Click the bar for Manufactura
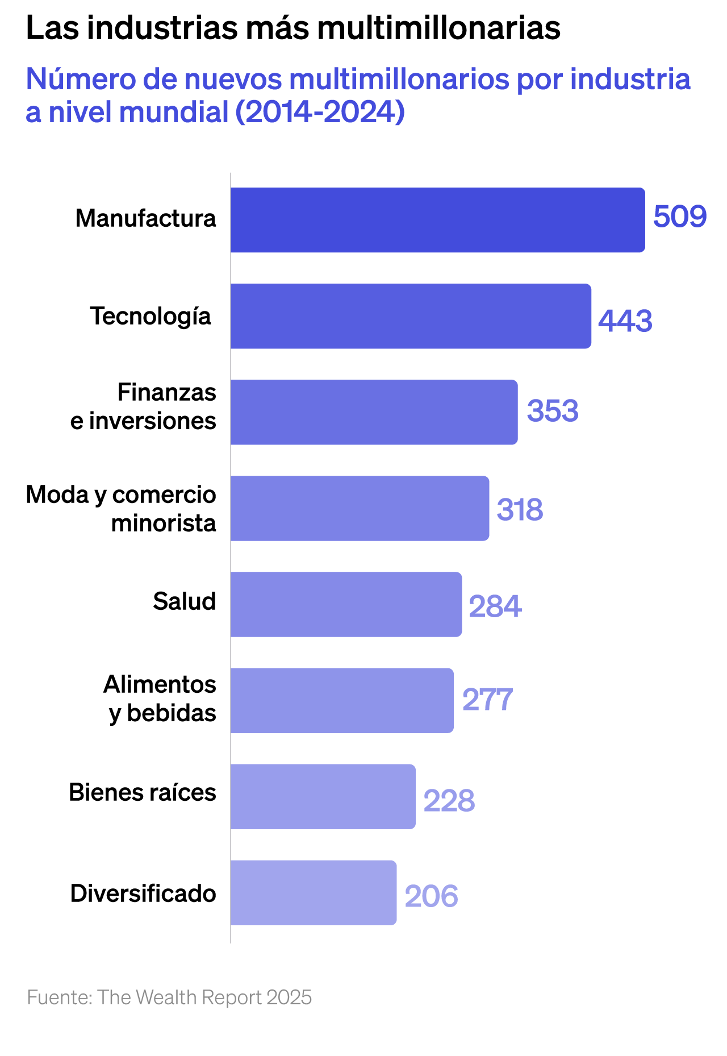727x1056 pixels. click(437, 220)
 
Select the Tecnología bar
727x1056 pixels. click(411, 316)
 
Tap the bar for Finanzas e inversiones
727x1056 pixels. click(374, 412)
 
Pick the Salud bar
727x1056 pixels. click(346, 604)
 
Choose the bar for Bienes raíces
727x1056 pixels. click(323, 796)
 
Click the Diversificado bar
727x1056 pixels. click(314, 892)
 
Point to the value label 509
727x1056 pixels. click(679, 217)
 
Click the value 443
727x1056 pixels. click(625, 321)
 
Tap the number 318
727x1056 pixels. click(520, 509)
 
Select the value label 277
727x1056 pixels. click(487, 700)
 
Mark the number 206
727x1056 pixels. click(431, 896)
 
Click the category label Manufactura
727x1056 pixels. click(146, 218)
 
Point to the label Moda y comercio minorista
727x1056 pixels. click(121, 509)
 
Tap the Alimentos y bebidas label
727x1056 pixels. click(160, 699)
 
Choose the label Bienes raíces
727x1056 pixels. click(143, 792)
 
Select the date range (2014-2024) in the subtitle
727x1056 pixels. click(320, 111)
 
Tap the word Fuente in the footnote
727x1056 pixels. click(59, 997)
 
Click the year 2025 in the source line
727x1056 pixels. click(289, 997)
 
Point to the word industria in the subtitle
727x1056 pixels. click(630, 79)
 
